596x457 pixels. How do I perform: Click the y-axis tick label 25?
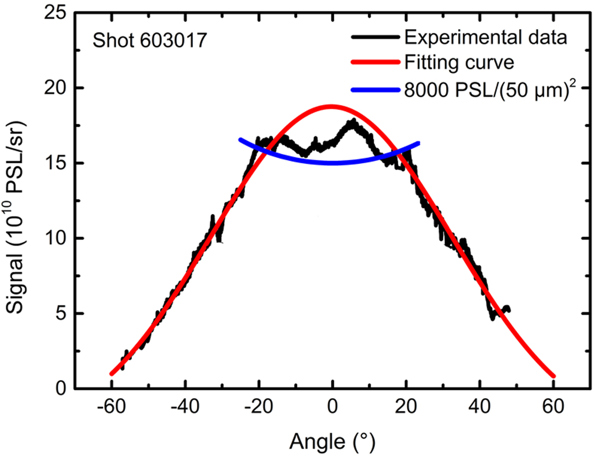click(55, 13)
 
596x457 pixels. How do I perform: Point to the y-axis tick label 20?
click(55, 88)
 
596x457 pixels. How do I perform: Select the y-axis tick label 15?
click(55, 163)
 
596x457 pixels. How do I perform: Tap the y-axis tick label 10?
click(55, 238)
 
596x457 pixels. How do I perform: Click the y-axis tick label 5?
click(61, 314)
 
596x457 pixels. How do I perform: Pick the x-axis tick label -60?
click(111, 407)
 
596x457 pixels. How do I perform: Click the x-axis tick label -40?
click(185, 407)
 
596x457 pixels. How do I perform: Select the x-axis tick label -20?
click(258, 407)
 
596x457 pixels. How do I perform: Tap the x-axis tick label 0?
click(332, 407)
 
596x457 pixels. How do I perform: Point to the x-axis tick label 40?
click(480, 407)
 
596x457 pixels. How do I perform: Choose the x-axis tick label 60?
click(553, 407)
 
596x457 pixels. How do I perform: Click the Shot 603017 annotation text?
click(149, 41)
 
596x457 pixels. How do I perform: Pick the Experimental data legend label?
click(485, 37)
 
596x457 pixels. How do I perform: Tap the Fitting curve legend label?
click(459, 62)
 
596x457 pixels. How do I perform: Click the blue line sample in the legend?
click(375, 90)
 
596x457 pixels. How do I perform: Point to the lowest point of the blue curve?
click(332, 163)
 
